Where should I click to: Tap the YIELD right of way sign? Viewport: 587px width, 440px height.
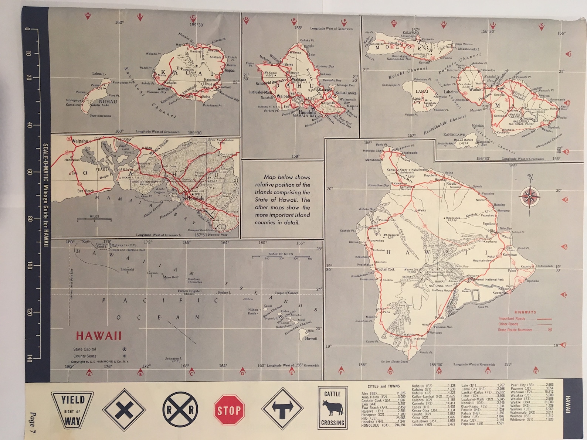coord(72,410)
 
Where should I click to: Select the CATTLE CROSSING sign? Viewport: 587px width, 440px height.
coord(332,408)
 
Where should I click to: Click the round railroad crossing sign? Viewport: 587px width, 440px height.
coord(180,409)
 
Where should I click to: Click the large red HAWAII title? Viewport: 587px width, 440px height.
coord(99,336)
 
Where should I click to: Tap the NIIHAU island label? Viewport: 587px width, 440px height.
coord(108,102)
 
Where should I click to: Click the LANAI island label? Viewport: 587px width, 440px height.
coord(422,91)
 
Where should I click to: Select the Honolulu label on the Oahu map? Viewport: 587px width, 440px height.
coord(307,112)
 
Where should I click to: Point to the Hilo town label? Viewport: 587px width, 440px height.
coord(491,231)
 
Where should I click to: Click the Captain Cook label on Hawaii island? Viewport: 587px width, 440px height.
coord(386,269)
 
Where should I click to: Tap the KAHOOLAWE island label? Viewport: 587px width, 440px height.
coord(454,135)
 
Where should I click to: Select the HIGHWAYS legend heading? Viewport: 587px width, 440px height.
coord(525,312)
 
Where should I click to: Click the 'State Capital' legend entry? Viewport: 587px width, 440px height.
coord(84,349)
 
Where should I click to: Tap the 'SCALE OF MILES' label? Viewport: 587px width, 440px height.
coord(281,254)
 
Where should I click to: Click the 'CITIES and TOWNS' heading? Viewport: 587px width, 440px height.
coord(383,386)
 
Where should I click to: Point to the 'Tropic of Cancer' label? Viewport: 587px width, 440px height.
coord(286,293)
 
